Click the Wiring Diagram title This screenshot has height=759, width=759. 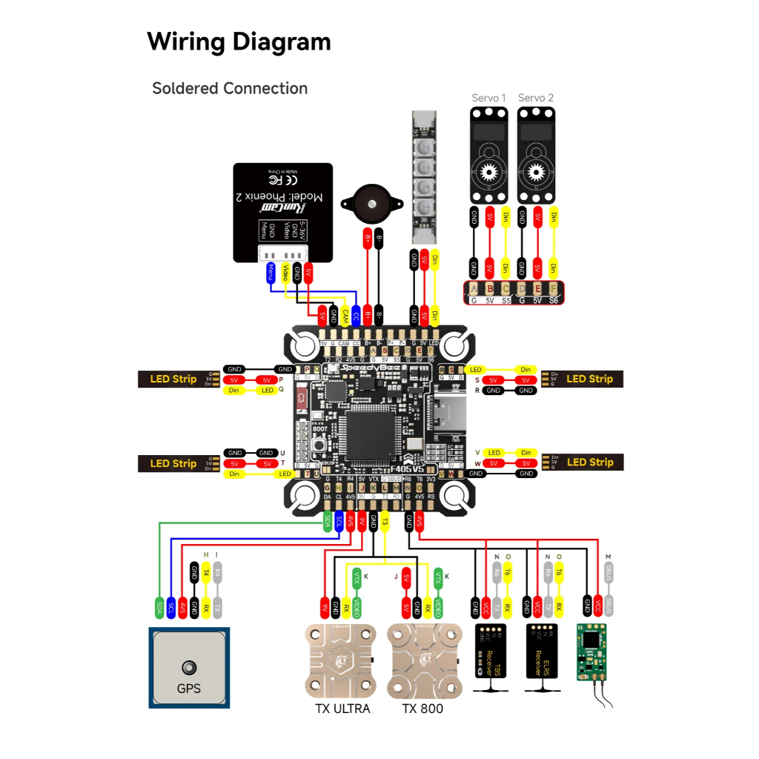tap(239, 42)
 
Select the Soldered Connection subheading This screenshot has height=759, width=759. tap(230, 88)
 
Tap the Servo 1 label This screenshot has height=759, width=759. tap(489, 98)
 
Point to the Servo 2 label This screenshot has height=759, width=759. tap(536, 98)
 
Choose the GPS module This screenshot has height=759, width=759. tap(189, 668)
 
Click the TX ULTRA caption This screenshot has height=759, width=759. tap(342, 709)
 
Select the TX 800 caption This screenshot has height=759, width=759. tap(422, 709)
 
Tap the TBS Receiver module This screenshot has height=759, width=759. tap(489, 650)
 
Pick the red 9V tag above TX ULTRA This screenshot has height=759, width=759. tap(323, 609)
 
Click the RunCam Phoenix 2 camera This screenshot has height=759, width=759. tap(282, 213)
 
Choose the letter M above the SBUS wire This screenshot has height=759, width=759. tap(609, 557)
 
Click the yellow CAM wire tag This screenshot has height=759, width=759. tap(345, 314)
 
